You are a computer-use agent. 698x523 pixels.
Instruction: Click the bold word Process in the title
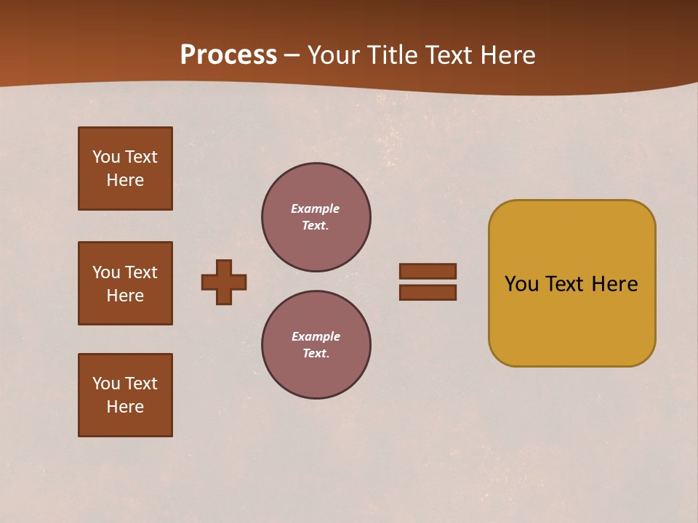pos(228,55)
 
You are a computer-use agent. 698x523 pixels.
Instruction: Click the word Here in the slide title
pos(507,55)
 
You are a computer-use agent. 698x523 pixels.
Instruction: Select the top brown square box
pos(125,169)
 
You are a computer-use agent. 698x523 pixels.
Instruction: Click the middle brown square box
pos(125,283)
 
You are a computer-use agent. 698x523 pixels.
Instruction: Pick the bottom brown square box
pos(125,395)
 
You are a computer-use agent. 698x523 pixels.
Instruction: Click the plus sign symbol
pos(224,282)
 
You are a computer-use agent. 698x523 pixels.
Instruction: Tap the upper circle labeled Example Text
pos(316,217)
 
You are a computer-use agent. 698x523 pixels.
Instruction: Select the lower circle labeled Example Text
pos(316,345)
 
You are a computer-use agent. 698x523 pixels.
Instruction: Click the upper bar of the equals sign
pos(428,271)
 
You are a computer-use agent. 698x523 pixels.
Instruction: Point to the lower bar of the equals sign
pos(428,292)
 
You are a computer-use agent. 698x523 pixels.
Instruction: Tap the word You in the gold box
pos(522,284)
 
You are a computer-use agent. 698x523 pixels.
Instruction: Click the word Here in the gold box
pos(614,284)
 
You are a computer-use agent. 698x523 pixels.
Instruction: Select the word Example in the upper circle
pos(315,208)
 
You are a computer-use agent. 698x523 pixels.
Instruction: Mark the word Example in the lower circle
pos(316,336)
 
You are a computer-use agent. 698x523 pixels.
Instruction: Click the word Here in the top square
pos(125,180)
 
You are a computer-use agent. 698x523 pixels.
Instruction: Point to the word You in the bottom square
pos(106,384)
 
